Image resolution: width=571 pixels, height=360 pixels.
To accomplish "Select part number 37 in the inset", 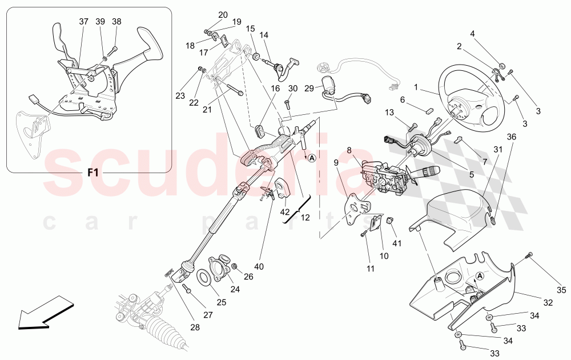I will click(x=83, y=22).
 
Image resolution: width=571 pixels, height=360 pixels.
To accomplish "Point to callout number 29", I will click(x=308, y=89).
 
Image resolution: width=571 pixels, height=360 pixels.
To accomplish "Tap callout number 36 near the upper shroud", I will click(x=512, y=137).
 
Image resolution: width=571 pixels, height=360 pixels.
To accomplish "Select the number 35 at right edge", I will click(x=561, y=290).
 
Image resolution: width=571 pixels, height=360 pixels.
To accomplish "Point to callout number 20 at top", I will click(x=223, y=15).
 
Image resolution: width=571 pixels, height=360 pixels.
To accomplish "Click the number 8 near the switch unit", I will click(x=349, y=151).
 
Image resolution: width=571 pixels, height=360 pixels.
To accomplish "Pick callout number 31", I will click(x=497, y=150).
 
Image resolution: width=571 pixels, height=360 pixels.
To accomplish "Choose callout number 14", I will click(x=264, y=35).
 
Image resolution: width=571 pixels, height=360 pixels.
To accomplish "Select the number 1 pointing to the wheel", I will click(x=416, y=87).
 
